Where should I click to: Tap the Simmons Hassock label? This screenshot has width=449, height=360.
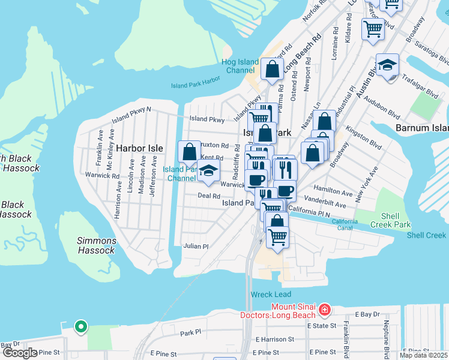pyautogui.click(x=96, y=245)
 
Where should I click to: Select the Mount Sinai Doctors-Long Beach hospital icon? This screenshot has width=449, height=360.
pyautogui.click(x=325, y=310)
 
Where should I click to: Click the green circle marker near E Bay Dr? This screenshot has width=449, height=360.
pyautogui.click(x=80, y=327)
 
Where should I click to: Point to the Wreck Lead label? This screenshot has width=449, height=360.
pyautogui.click(x=271, y=295)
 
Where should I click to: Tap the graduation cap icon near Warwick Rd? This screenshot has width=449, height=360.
pyautogui.click(x=208, y=172)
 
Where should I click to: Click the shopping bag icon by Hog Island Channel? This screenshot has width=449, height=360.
pyautogui.click(x=272, y=70)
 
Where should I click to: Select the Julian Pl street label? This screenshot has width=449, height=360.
pyautogui.click(x=196, y=246)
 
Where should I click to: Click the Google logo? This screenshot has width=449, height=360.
pyautogui.click(x=20, y=353)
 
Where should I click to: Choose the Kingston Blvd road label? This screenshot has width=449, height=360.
pyautogui.click(x=364, y=137)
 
